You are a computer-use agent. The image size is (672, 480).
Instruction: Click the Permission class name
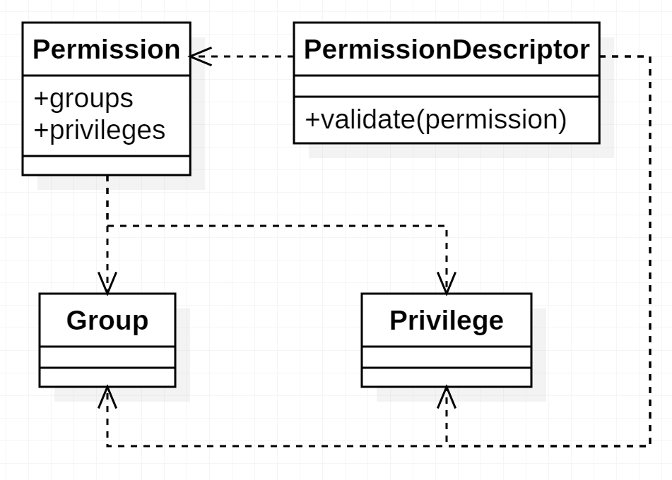click(106, 50)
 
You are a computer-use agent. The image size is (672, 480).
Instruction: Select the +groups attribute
click(83, 99)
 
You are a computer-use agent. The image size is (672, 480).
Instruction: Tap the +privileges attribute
click(99, 130)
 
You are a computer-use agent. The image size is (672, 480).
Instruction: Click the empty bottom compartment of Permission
click(106, 165)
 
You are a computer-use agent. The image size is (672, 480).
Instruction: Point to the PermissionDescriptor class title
click(446, 50)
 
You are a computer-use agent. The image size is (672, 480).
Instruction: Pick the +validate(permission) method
click(435, 120)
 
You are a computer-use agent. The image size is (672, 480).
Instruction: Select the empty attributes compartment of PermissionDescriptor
click(446, 86)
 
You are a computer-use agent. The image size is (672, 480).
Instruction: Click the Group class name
click(107, 320)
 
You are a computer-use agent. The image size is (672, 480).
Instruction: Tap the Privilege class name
click(446, 320)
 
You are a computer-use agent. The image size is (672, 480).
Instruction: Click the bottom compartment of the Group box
click(107, 377)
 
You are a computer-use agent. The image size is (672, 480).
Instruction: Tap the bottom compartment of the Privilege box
click(446, 377)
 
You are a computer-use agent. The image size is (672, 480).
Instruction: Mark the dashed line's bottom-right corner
click(650, 445)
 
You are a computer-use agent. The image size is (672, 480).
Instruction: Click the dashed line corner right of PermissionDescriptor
click(650, 56)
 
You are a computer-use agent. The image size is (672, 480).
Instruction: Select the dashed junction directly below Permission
click(107, 226)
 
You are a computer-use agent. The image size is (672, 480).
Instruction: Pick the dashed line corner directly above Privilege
click(447, 226)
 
